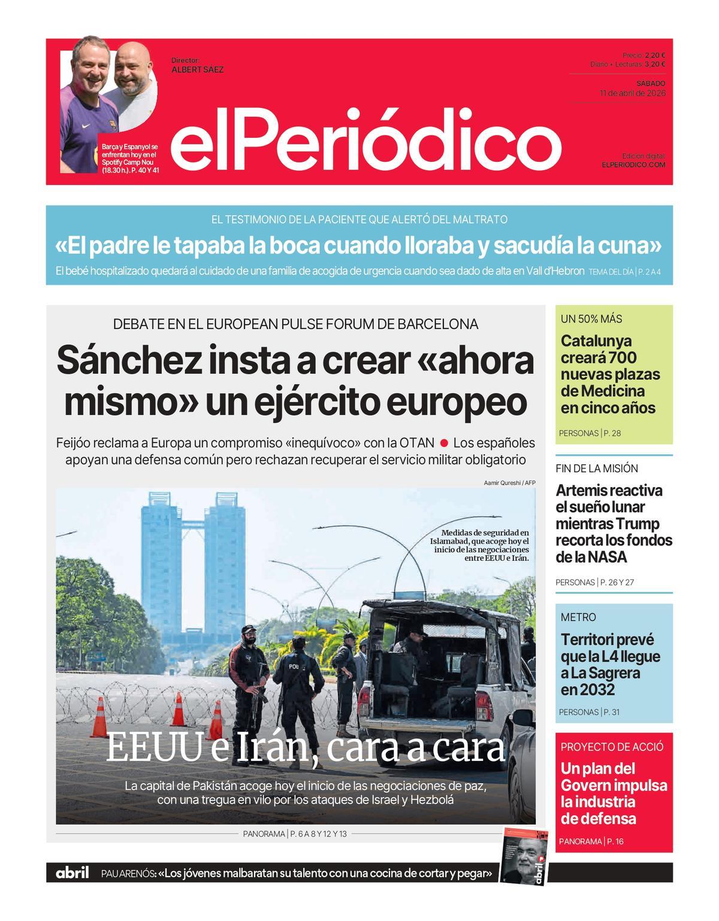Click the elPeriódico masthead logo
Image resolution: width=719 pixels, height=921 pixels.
tap(365, 140)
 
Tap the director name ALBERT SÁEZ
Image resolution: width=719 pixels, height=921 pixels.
tap(197, 70)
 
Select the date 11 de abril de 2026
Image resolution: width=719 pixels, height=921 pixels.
tap(632, 93)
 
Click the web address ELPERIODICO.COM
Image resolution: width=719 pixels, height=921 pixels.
tap(633, 164)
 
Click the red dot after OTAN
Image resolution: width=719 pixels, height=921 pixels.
tap(444, 443)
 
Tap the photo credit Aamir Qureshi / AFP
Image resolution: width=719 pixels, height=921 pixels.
tap(509, 482)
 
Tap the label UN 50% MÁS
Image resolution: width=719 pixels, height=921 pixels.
tap(591, 319)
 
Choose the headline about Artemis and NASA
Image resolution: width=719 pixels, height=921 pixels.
tap(613, 524)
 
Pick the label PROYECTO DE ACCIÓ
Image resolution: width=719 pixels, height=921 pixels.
tap(612, 747)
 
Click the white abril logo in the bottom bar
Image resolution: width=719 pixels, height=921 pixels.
tap(72, 873)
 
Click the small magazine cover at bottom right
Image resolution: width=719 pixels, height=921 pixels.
tap(525, 856)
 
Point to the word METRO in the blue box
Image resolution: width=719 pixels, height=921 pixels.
tap(578, 617)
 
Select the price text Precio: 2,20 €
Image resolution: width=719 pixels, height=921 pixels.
tap(644, 55)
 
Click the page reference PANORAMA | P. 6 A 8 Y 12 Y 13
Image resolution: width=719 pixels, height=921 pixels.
tap(295, 834)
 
